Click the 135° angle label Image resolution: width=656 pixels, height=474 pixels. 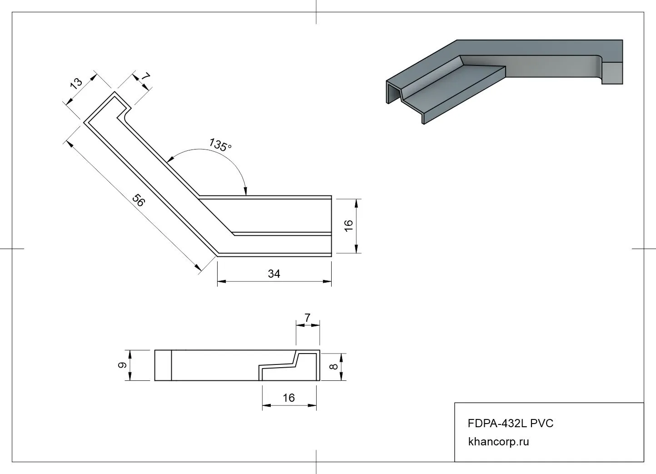pyautogui.click(x=220, y=145)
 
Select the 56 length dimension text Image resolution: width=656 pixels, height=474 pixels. pyautogui.click(x=138, y=200)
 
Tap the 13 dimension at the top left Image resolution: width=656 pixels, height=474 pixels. pyautogui.click(x=76, y=82)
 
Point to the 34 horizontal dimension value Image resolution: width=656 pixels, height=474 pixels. pyautogui.click(x=274, y=274)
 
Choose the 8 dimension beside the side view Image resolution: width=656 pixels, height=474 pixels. pyautogui.click(x=334, y=367)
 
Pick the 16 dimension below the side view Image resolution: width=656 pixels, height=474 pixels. pyautogui.click(x=288, y=398)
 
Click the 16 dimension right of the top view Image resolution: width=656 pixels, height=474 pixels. pyautogui.click(x=348, y=225)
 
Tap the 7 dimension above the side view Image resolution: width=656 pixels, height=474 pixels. pyautogui.click(x=308, y=319)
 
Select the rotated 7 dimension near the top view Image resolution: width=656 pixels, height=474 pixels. pyautogui.click(x=145, y=77)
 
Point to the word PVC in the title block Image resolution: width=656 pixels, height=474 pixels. pyautogui.click(x=542, y=424)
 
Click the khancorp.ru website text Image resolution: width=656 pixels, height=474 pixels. pyautogui.click(x=498, y=441)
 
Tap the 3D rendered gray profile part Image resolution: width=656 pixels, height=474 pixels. pyautogui.click(x=500, y=73)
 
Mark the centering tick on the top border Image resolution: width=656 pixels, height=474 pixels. pyautogui.click(x=316, y=12)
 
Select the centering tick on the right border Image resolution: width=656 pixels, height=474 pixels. pyautogui.click(x=644, y=249)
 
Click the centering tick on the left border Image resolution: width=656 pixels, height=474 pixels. pyautogui.click(x=12, y=249)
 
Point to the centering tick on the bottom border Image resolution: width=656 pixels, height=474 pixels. pyautogui.click(x=316, y=462)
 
